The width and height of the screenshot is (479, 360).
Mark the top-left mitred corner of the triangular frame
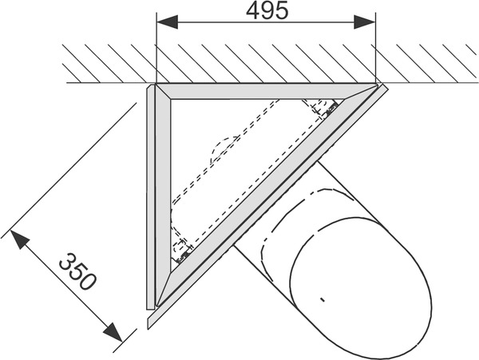point(156,90)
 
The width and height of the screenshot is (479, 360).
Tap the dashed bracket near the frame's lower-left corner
point(181,249)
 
